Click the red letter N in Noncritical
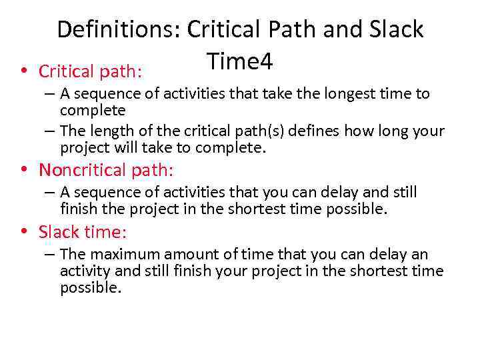[x=44, y=170]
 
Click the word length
[x=109, y=131]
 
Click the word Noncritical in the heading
[x=83, y=170]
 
